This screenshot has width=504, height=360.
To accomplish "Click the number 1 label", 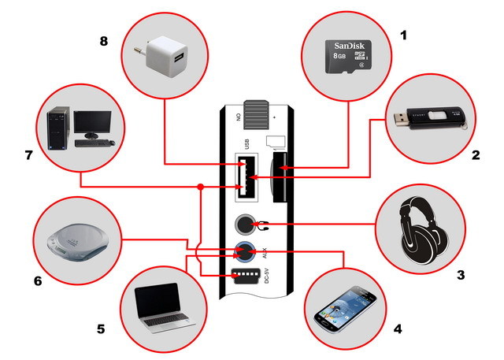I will tap(404, 35).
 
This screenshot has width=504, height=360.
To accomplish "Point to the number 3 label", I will tap(461, 275).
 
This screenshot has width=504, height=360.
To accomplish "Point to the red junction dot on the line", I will tap(201, 187).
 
